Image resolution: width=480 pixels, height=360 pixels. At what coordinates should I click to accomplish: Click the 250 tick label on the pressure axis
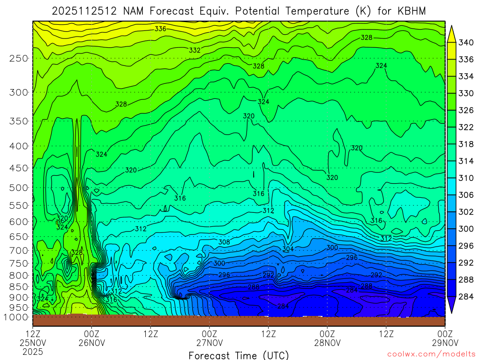coord(19,59)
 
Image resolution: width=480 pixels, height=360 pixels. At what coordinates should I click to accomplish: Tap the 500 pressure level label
coord(19,188)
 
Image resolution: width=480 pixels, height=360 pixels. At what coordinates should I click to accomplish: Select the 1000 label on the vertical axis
coord(16,317)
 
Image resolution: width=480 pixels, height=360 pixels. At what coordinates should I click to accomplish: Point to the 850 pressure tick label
coord(19,286)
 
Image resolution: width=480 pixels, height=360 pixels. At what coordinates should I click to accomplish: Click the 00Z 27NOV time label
coord(209,338)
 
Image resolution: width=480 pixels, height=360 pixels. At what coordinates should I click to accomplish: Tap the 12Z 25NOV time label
coord(32,338)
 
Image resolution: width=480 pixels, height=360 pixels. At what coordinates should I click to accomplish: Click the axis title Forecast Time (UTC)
coord(239,355)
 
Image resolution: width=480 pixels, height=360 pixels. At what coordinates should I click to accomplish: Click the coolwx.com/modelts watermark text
coord(431,354)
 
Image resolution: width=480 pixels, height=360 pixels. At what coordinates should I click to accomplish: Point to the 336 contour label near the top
coord(160,29)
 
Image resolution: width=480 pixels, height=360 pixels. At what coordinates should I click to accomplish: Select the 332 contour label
coord(195,50)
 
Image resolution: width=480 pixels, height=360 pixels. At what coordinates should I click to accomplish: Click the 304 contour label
coord(288,249)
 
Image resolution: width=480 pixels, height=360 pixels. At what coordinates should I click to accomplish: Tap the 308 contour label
coord(225,242)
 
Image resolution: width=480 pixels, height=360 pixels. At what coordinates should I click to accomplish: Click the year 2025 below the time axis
coord(32,351)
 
